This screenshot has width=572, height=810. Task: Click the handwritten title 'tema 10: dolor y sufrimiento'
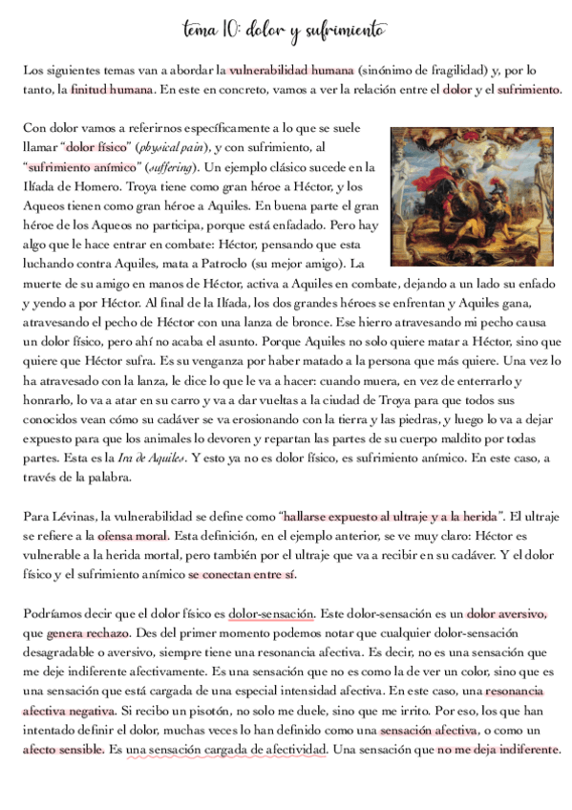(x=286, y=31)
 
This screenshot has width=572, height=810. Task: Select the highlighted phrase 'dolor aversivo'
(x=506, y=613)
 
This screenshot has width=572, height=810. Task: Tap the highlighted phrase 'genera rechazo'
(x=89, y=632)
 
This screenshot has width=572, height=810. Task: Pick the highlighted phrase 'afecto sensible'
(x=63, y=750)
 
